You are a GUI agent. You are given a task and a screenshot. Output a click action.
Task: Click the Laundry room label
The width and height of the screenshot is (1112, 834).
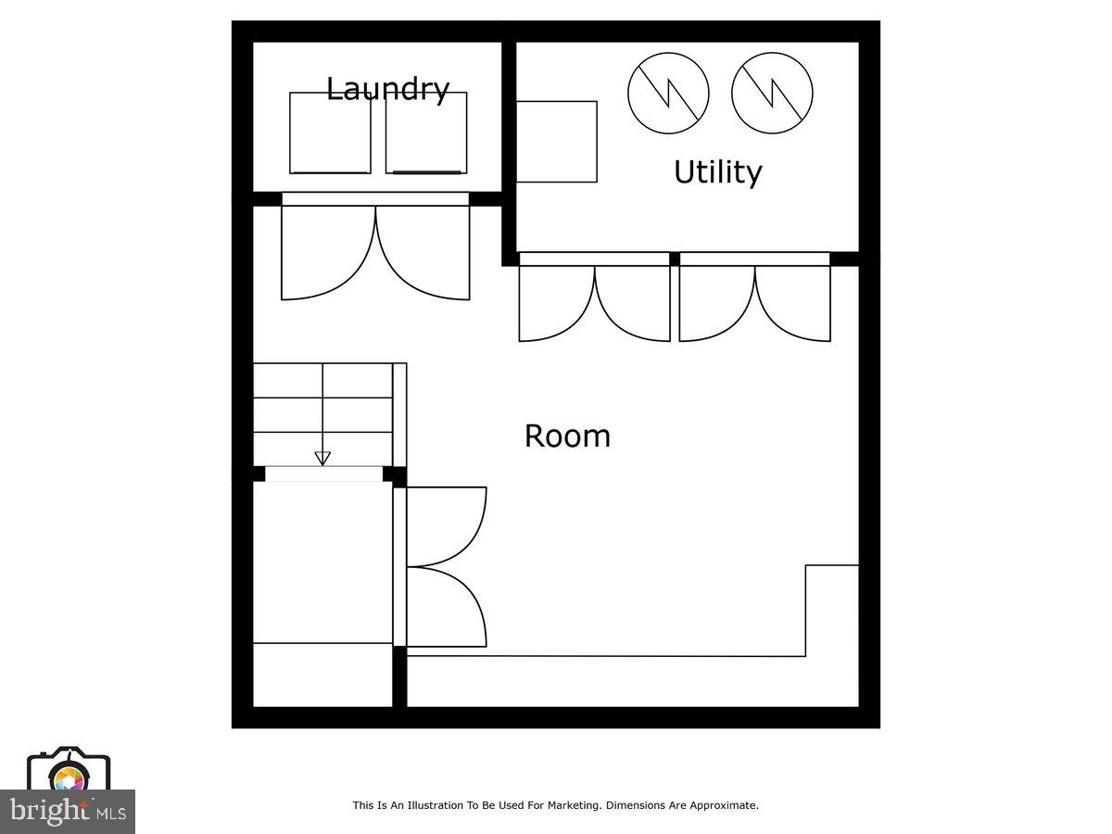pos(387,89)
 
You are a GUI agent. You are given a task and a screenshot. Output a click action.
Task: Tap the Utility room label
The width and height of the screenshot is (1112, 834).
pos(717,172)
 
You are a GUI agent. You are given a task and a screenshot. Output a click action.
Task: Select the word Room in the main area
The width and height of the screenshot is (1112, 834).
pos(567,436)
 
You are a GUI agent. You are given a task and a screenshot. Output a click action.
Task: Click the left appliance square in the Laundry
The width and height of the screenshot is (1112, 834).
pos(330,133)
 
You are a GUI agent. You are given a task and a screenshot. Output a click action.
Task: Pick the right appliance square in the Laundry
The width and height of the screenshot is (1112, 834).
pos(425,133)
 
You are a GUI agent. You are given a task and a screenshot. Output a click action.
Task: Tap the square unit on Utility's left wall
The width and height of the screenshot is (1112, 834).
pos(556,142)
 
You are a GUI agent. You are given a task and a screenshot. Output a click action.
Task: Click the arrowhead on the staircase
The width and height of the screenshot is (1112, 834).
pos(322,458)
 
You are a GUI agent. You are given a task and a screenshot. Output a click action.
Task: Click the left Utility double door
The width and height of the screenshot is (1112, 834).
pos(594,301)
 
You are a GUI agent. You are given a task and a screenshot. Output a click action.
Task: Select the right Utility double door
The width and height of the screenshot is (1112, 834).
pos(754,301)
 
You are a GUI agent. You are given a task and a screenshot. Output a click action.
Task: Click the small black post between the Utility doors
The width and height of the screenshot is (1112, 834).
pos(675,259)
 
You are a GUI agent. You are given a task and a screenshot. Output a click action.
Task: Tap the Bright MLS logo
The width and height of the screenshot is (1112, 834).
pos(67,812)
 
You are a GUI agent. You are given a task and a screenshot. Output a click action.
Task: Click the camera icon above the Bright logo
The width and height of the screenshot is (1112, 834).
pos(69,769)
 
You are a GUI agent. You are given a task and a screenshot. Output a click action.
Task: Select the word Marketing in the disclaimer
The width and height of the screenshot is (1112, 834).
pos(574,805)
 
